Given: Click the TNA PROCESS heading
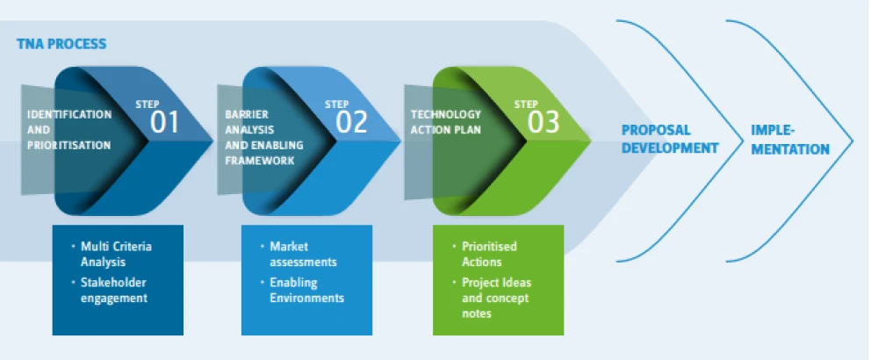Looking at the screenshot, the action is (61, 44).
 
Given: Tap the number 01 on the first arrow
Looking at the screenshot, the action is (165, 122).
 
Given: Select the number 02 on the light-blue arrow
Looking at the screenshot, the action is (351, 122).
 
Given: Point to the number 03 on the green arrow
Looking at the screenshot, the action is (543, 122).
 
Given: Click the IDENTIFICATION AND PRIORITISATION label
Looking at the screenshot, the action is (69, 130).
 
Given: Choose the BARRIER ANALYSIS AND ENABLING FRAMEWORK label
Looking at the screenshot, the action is (264, 137).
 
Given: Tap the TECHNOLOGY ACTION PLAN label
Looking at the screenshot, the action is (446, 122).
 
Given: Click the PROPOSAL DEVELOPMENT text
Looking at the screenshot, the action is (670, 139).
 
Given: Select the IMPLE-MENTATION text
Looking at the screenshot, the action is (790, 140).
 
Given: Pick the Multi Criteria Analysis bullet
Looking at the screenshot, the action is (112, 254).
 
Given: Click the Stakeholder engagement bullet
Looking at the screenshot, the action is (110, 290).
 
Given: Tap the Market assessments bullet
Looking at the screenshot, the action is (299, 254).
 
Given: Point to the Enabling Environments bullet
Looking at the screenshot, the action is (303, 290).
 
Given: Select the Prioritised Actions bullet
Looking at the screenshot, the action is (485, 254).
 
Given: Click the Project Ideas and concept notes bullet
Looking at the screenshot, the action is (492, 298).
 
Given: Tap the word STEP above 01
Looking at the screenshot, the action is (148, 104).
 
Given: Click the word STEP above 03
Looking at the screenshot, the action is (526, 104).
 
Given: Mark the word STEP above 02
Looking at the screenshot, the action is (336, 104).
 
